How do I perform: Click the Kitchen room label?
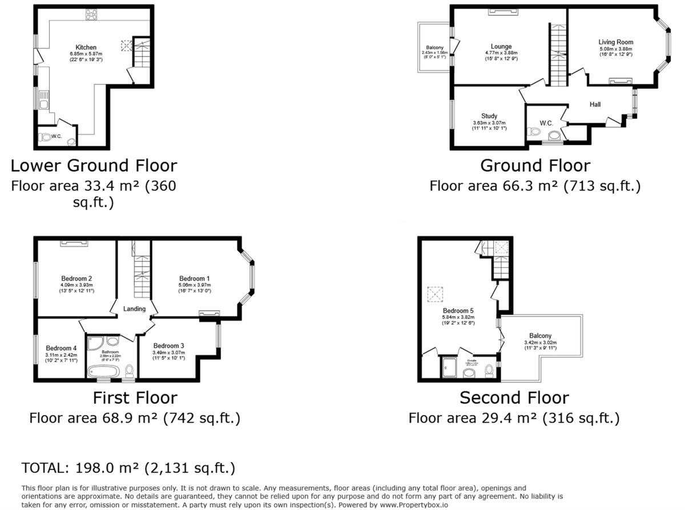[86, 47]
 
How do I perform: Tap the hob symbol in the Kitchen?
[91, 14]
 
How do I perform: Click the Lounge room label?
[501, 47]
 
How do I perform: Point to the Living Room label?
[615, 42]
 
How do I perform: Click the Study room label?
[489, 116]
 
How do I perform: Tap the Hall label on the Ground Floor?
[595, 104]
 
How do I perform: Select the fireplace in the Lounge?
[503, 11]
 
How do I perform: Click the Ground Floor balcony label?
[434, 47]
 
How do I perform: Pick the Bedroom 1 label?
[195, 279]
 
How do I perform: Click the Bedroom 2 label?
[77, 278]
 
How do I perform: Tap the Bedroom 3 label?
[168, 346]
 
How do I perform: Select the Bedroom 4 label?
[61, 348]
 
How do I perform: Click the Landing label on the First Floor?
[135, 309]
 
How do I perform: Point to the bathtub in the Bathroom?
[104, 372]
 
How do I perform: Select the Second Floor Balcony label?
[540, 336]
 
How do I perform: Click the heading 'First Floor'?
[135, 397]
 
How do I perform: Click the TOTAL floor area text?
[128, 468]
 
